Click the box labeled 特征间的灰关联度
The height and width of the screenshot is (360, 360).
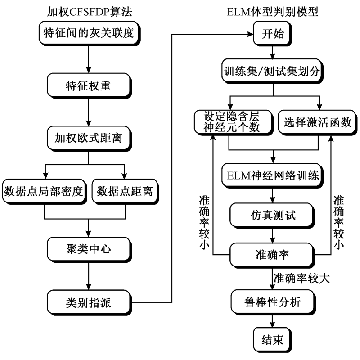(88, 33)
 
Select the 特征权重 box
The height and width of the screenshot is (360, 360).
(88, 85)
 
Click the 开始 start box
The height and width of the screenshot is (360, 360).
(273, 34)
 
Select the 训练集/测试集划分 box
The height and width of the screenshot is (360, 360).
(273, 72)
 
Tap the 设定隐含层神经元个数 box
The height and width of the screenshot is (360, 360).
(233, 121)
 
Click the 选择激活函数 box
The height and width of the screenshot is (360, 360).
(318, 121)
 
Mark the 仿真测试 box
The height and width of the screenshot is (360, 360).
(273, 215)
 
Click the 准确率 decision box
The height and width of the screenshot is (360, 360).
(273, 254)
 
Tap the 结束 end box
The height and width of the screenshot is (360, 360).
(273, 340)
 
